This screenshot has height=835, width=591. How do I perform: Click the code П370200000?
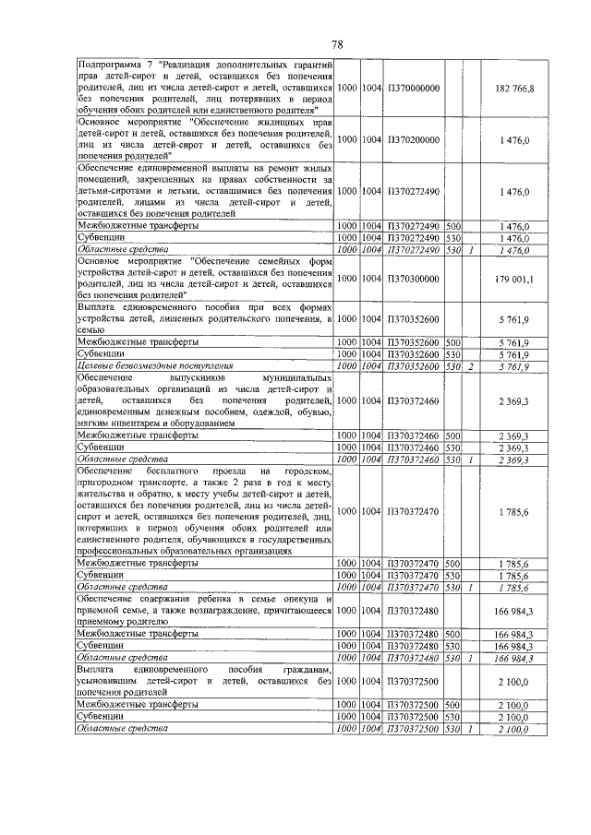pyautogui.click(x=413, y=139)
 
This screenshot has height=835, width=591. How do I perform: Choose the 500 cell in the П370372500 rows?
pyautogui.click(x=452, y=705)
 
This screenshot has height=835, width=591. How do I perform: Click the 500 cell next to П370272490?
pyautogui.click(x=452, y=225)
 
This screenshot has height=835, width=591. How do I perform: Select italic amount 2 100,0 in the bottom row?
pyautogui.click(x=513, y=729)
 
